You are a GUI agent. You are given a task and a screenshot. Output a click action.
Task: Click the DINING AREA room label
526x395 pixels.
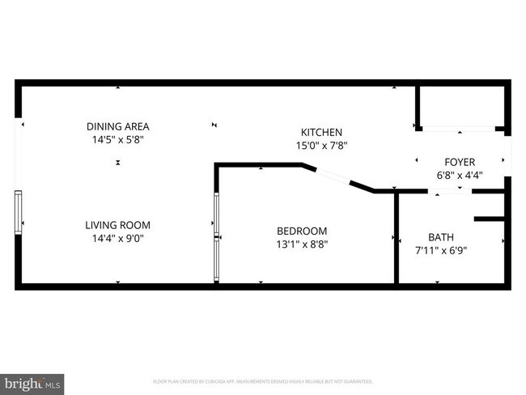(x=118, y=126)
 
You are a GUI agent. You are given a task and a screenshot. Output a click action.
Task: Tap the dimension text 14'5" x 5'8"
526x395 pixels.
(x=118, y=139)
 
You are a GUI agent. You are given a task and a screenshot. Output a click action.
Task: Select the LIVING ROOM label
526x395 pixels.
(x=118, y=225)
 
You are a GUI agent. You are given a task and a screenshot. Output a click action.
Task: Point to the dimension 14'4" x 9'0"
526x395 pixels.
(x=118, y=238)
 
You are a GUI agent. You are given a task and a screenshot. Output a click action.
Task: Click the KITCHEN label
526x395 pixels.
(x=322, y=132)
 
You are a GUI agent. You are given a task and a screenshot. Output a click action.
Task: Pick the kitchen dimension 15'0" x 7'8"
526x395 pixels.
(x=322, y=145)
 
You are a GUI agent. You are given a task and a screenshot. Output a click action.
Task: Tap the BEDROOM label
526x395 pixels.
(x=302, y=231)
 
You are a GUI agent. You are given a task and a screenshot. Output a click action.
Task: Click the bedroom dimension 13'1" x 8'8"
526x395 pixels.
(x=302, y=244)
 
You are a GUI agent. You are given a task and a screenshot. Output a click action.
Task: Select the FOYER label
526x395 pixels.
(x=460, y=162)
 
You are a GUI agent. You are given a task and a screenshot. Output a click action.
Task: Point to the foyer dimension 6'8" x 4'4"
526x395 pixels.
(x=460, y=175)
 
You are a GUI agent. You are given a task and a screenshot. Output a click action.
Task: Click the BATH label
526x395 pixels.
(x=441, y=237)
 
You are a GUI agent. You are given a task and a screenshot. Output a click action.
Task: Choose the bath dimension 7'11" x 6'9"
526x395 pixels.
(x=441, y=250)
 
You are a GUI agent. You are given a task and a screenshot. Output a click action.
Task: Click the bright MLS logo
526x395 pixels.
(x=32, y=381)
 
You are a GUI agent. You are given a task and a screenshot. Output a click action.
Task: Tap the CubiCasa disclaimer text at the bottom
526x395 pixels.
(x=263, y=380)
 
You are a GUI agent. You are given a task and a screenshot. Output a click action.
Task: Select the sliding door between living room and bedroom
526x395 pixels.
(x=216, y=237)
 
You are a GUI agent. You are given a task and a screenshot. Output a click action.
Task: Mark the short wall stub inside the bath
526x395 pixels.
(x=490, y=219)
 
